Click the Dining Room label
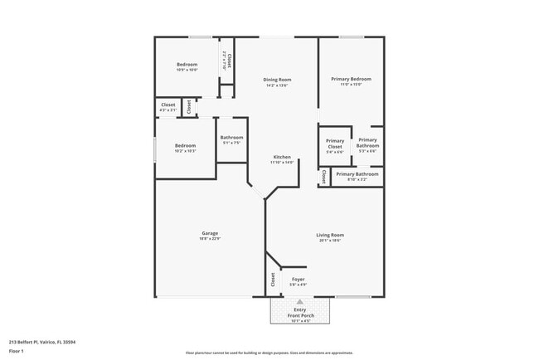click(x=278, y=80)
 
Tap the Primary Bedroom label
click(x=351, y=79)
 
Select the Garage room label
click(x=210, y=234)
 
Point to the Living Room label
click(x=329, y=235)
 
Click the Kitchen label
click(x=282, y=157)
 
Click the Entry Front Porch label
click(x=300, y=312)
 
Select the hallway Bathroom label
click(x=231, y=138)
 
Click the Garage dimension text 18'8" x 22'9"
click(x=210, y=240)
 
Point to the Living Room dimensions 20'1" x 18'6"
click(x=329, y=241)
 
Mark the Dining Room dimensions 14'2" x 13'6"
click(x=278, y=85)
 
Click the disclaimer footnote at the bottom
click(x=269, y=353)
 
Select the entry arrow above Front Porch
click(x=300, y=303)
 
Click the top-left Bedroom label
click(x=187, y=65)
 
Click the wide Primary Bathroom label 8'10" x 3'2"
click(x=357, y=175)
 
